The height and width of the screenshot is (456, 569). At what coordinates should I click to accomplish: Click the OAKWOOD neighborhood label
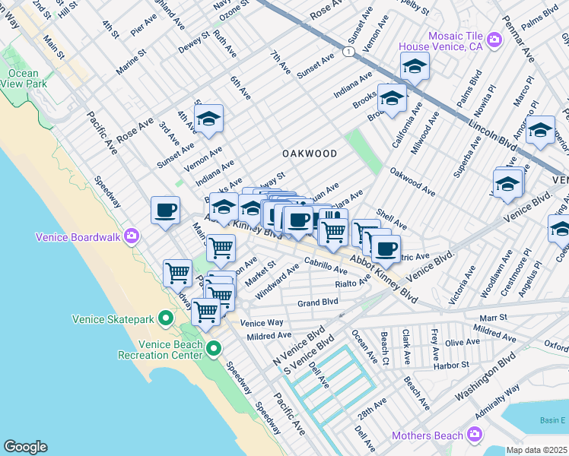tap(310, 154)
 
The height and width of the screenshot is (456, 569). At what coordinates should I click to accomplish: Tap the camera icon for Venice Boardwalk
tap(132, 236)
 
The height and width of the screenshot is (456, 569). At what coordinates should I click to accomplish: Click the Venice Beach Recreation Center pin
tap(215, 349)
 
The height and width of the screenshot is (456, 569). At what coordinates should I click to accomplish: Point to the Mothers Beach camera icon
tap(475, 435)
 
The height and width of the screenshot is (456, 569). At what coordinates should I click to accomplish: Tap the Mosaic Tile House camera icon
tap(495, 40)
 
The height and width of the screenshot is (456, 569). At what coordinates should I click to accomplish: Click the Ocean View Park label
tap(22, 79)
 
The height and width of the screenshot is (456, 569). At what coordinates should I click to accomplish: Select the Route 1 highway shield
tap(348, 51)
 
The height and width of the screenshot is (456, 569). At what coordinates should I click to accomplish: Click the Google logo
tap(25, 447)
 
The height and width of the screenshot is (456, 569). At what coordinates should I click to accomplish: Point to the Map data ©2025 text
tap(536, 450)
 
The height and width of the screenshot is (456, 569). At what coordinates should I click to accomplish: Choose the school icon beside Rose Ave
tap(208, 119)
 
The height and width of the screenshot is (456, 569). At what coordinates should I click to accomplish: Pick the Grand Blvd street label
tap(317, 302)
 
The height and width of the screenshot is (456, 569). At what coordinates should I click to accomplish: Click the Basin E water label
tap(553, 420)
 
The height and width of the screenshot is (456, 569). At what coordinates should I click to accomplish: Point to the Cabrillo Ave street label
tap(326, 265)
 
